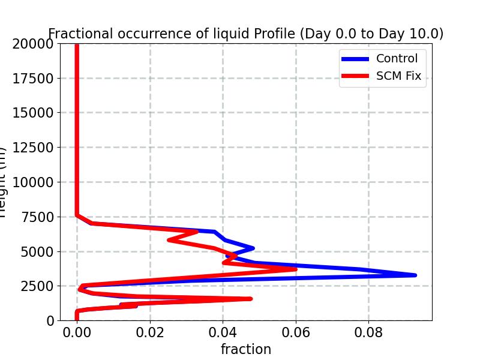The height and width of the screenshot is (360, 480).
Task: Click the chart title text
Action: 245,34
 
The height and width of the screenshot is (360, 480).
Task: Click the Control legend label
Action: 397,58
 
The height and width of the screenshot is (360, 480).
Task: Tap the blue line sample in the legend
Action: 355,58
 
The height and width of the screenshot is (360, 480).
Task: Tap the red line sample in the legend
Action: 355,76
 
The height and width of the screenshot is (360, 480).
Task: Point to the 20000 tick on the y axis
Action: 34,43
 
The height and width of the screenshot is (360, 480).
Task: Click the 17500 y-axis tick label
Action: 34,78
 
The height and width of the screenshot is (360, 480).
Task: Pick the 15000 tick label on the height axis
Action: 34,113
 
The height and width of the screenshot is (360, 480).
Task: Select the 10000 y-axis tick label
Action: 34,182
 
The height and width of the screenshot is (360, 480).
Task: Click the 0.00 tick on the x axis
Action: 77,333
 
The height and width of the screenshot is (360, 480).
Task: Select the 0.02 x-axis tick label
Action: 150,333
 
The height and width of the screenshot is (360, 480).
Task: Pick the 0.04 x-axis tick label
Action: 223,333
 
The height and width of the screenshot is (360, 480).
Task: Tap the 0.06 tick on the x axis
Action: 296,333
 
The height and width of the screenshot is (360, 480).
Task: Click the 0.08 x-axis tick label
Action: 368,333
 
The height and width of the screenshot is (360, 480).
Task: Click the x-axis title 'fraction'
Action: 245,349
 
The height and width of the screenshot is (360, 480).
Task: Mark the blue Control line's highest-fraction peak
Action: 415,275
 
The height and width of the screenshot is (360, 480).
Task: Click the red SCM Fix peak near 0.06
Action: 295,269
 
